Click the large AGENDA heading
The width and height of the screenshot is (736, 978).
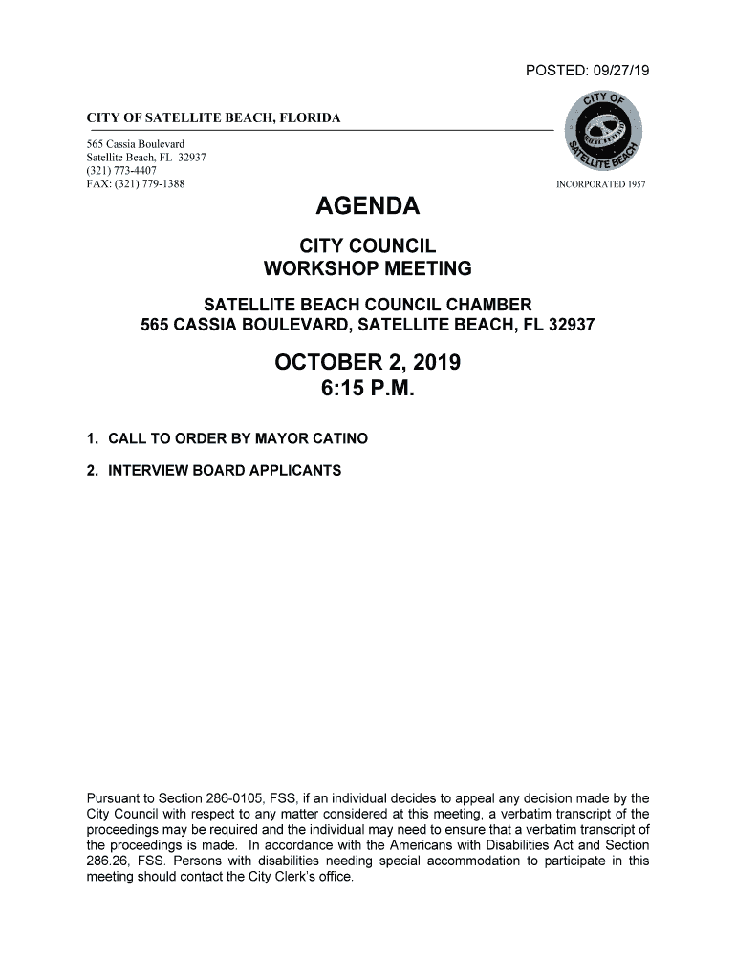(x=368, y=206)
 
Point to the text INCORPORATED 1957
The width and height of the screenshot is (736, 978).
(x=601, y=183)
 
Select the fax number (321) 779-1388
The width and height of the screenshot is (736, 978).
(x=152, y=183)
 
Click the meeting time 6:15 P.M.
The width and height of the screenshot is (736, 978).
(x=368, y=390)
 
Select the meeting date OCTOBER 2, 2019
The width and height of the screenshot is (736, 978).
(x=368, y=363)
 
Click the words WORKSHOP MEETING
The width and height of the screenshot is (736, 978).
(x=368, y=268)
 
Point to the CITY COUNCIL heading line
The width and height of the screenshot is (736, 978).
(x=368, y=246)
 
